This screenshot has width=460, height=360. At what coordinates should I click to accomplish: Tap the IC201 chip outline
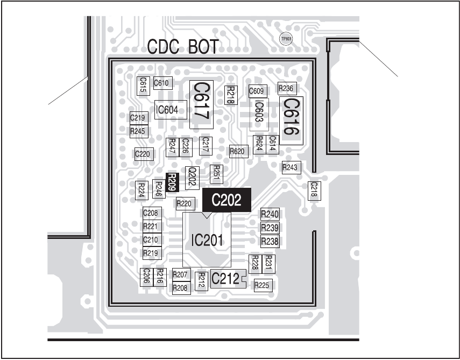(x=207, y=240)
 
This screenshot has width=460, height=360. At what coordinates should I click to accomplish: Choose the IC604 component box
(x=171, y=111)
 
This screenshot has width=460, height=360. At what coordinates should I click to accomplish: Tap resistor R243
(x=290, y=168)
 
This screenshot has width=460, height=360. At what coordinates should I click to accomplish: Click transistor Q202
(x=191, y=177)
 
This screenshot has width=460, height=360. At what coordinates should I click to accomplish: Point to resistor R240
(x=270, y=214)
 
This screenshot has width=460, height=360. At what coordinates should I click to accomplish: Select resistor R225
(x=261, y=285)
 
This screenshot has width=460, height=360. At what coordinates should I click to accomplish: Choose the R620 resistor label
(x=237, y=151)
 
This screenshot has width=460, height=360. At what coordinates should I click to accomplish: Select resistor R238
(x=270, y=242)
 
